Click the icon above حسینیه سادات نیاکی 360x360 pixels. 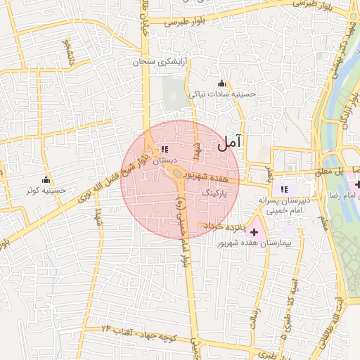pos(223,83)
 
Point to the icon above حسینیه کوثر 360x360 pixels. pos(46,179)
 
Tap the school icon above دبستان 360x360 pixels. pos(164,149)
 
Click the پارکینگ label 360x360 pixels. pos(216,191)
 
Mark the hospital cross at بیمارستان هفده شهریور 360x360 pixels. pos(254,232)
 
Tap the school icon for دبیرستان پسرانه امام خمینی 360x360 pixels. pos(284,188)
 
